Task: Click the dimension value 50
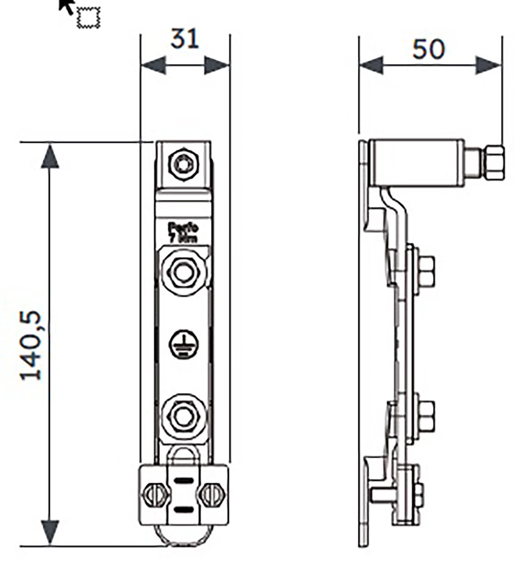pos(428,49)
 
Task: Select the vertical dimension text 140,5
pos(31,346)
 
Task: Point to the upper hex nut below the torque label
pos(183,272)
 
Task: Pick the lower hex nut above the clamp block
pos(182,417)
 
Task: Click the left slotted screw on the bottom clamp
pos(155,494)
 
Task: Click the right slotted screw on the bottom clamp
pos(212,494)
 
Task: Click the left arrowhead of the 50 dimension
pos(371,65)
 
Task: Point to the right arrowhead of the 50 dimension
pos(489,65)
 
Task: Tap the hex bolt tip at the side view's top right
pos(494,163)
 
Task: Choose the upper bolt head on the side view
pos(426,271)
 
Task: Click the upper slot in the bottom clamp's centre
pos(183,482)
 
